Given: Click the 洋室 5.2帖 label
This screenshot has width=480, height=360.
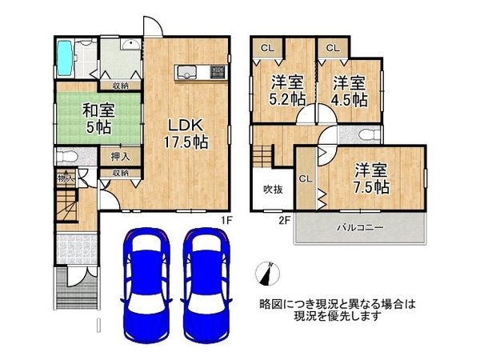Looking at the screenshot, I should pos(286,90).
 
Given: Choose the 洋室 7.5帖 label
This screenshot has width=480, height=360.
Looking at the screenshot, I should pos(371,178).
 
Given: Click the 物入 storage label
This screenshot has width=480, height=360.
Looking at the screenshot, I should pos(66,178).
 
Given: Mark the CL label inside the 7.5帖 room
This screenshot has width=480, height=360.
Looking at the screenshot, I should pos(306,179).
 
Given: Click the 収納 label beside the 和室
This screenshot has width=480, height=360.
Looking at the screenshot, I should pos(122,85).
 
